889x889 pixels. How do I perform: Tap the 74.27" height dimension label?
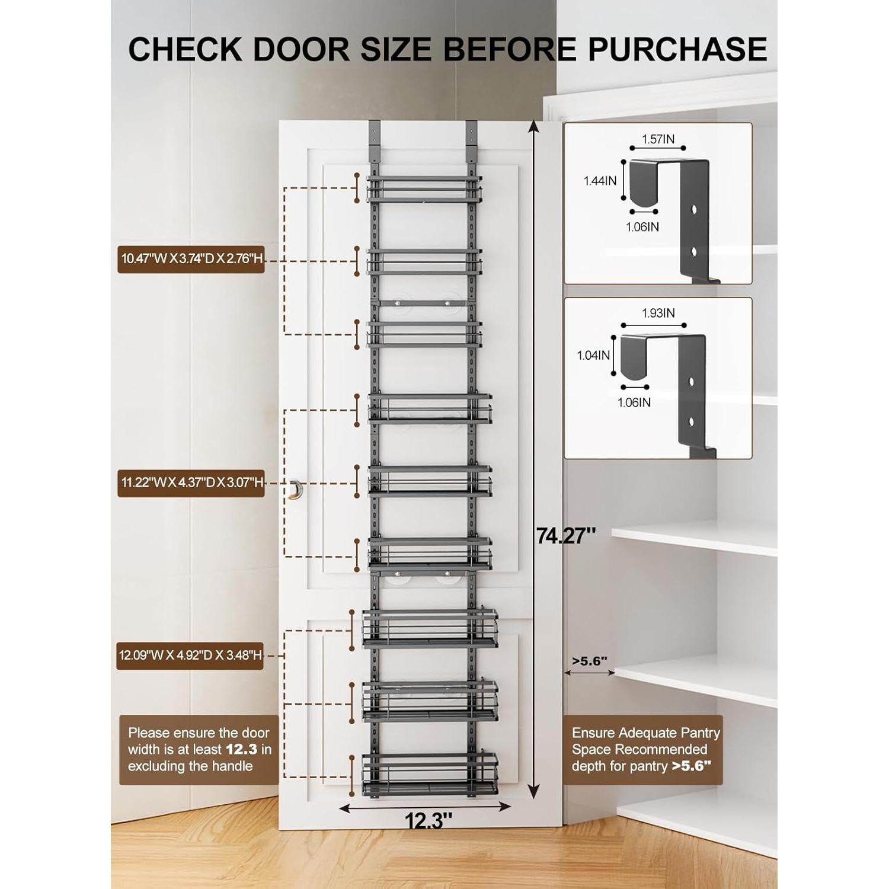(565, 535)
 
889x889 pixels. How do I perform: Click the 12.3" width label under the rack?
(428, 821)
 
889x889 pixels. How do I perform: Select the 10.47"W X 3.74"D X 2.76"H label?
(191, 259)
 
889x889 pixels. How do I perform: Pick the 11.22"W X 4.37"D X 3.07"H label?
(191, 483)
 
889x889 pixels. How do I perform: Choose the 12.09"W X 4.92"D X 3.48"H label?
(190, 655)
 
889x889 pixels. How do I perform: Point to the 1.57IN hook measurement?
(658, 139)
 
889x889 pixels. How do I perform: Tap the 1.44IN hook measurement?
(600, 181)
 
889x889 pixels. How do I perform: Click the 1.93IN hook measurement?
(658, 313)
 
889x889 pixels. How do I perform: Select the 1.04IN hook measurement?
(593, 355)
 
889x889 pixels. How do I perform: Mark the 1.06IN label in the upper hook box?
(642, 227)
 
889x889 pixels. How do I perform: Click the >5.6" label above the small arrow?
(590, 661)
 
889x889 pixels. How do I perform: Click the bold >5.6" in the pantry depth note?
(690, 766)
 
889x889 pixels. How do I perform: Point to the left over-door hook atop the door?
(375, 136)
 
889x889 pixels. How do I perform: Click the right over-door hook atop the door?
(471, 136)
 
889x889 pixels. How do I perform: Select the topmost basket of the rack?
(423, 188)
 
